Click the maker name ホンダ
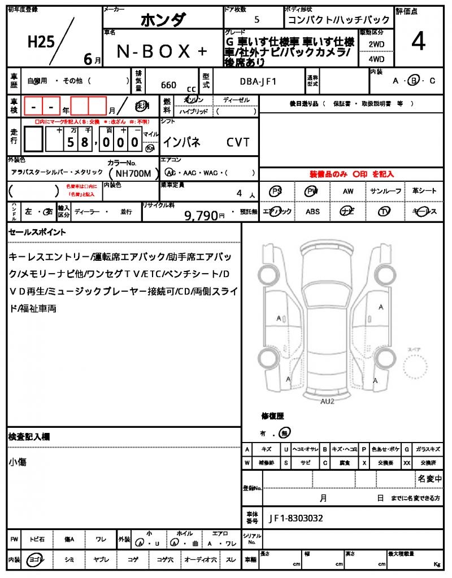click(162, 20)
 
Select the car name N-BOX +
click(162, 51)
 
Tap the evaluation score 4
click(418, 42)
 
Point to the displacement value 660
click(168, 85)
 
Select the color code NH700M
click(131, 174)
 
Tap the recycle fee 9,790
click(201, 215)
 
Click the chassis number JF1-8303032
click(297, 518)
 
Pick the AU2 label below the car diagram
click(328, 401)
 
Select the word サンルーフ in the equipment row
click(385, 191)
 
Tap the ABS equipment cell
click(312, 212)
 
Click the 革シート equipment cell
click(424, 191)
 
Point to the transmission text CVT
click(238, 143)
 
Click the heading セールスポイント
click(37, 232)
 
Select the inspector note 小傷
click(18, 462)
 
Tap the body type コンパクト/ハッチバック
click(338, 20)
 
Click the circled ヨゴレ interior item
click(37, 559)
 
